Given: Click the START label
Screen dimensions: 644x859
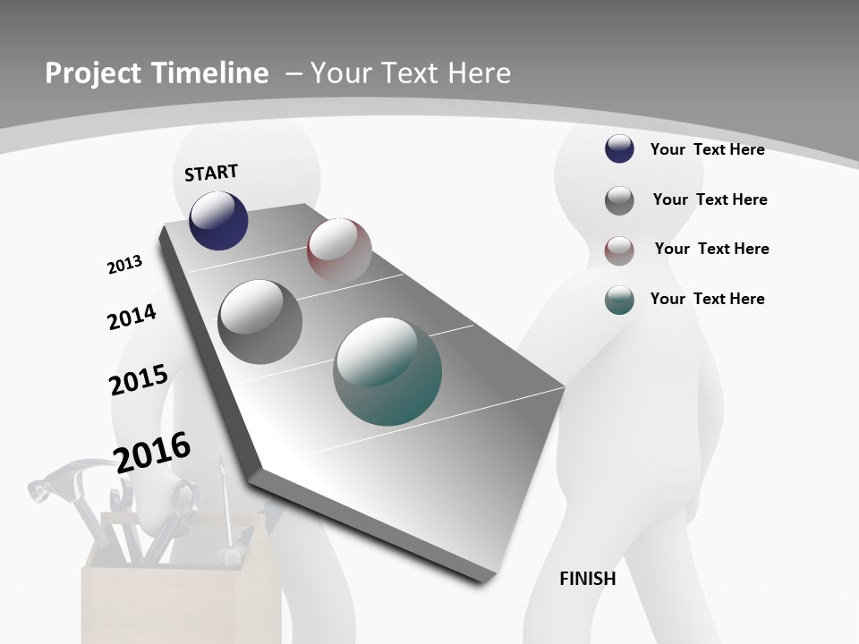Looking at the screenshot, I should click(211, 173).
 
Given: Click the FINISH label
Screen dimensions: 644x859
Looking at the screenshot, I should click(587, 579).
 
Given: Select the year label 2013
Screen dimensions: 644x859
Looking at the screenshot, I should click(124, 265).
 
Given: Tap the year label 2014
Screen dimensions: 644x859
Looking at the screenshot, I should click(132, 317).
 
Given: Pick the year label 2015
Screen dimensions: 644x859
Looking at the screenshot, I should click(138, 380).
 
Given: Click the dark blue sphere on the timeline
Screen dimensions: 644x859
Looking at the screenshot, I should click(218, 221).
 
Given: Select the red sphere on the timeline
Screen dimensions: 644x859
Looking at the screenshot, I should click(339, 250).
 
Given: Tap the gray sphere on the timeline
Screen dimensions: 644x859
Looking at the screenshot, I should click(260, 322).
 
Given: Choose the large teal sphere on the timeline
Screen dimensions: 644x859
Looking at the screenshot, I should click(387, 371).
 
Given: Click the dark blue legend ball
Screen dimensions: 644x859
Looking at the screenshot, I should click(619, 148).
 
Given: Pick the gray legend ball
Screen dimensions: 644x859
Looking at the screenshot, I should click(619, 199).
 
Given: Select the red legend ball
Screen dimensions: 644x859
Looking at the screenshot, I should click(619, 250).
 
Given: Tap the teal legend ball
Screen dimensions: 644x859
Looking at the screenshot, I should click(619, 300).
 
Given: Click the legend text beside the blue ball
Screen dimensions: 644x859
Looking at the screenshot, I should click(707, 149).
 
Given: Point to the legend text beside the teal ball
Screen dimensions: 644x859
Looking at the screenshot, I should click(707, 299).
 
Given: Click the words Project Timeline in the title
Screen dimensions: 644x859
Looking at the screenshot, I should click(157, 73).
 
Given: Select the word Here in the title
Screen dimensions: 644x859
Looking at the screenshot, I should click(479, 73).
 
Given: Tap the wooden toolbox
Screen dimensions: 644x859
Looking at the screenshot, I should click(179, 599).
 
